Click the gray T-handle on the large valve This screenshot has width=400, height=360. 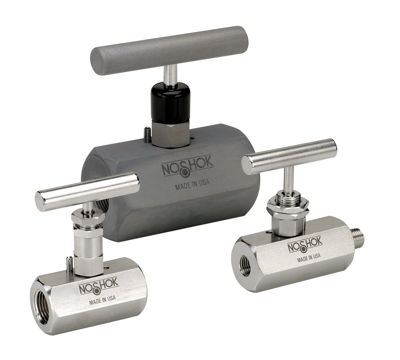(x=169, y=50)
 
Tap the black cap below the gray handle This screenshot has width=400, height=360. (x=171, y=102)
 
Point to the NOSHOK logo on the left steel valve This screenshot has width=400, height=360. (x=98, y=288)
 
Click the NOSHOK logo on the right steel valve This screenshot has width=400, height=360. (x=305, y=245)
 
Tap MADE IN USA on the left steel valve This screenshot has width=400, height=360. (x=102, y=301)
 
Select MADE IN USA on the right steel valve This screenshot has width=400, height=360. (x=309, y=257)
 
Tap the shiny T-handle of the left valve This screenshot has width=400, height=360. (x=87, y=191)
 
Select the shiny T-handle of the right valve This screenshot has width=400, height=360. (x=289, y=156)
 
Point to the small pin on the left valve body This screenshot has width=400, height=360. (x=69, y=264)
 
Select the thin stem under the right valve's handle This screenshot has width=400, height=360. (x=289, y=181)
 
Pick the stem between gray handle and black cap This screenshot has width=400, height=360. (x=170, y=75)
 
